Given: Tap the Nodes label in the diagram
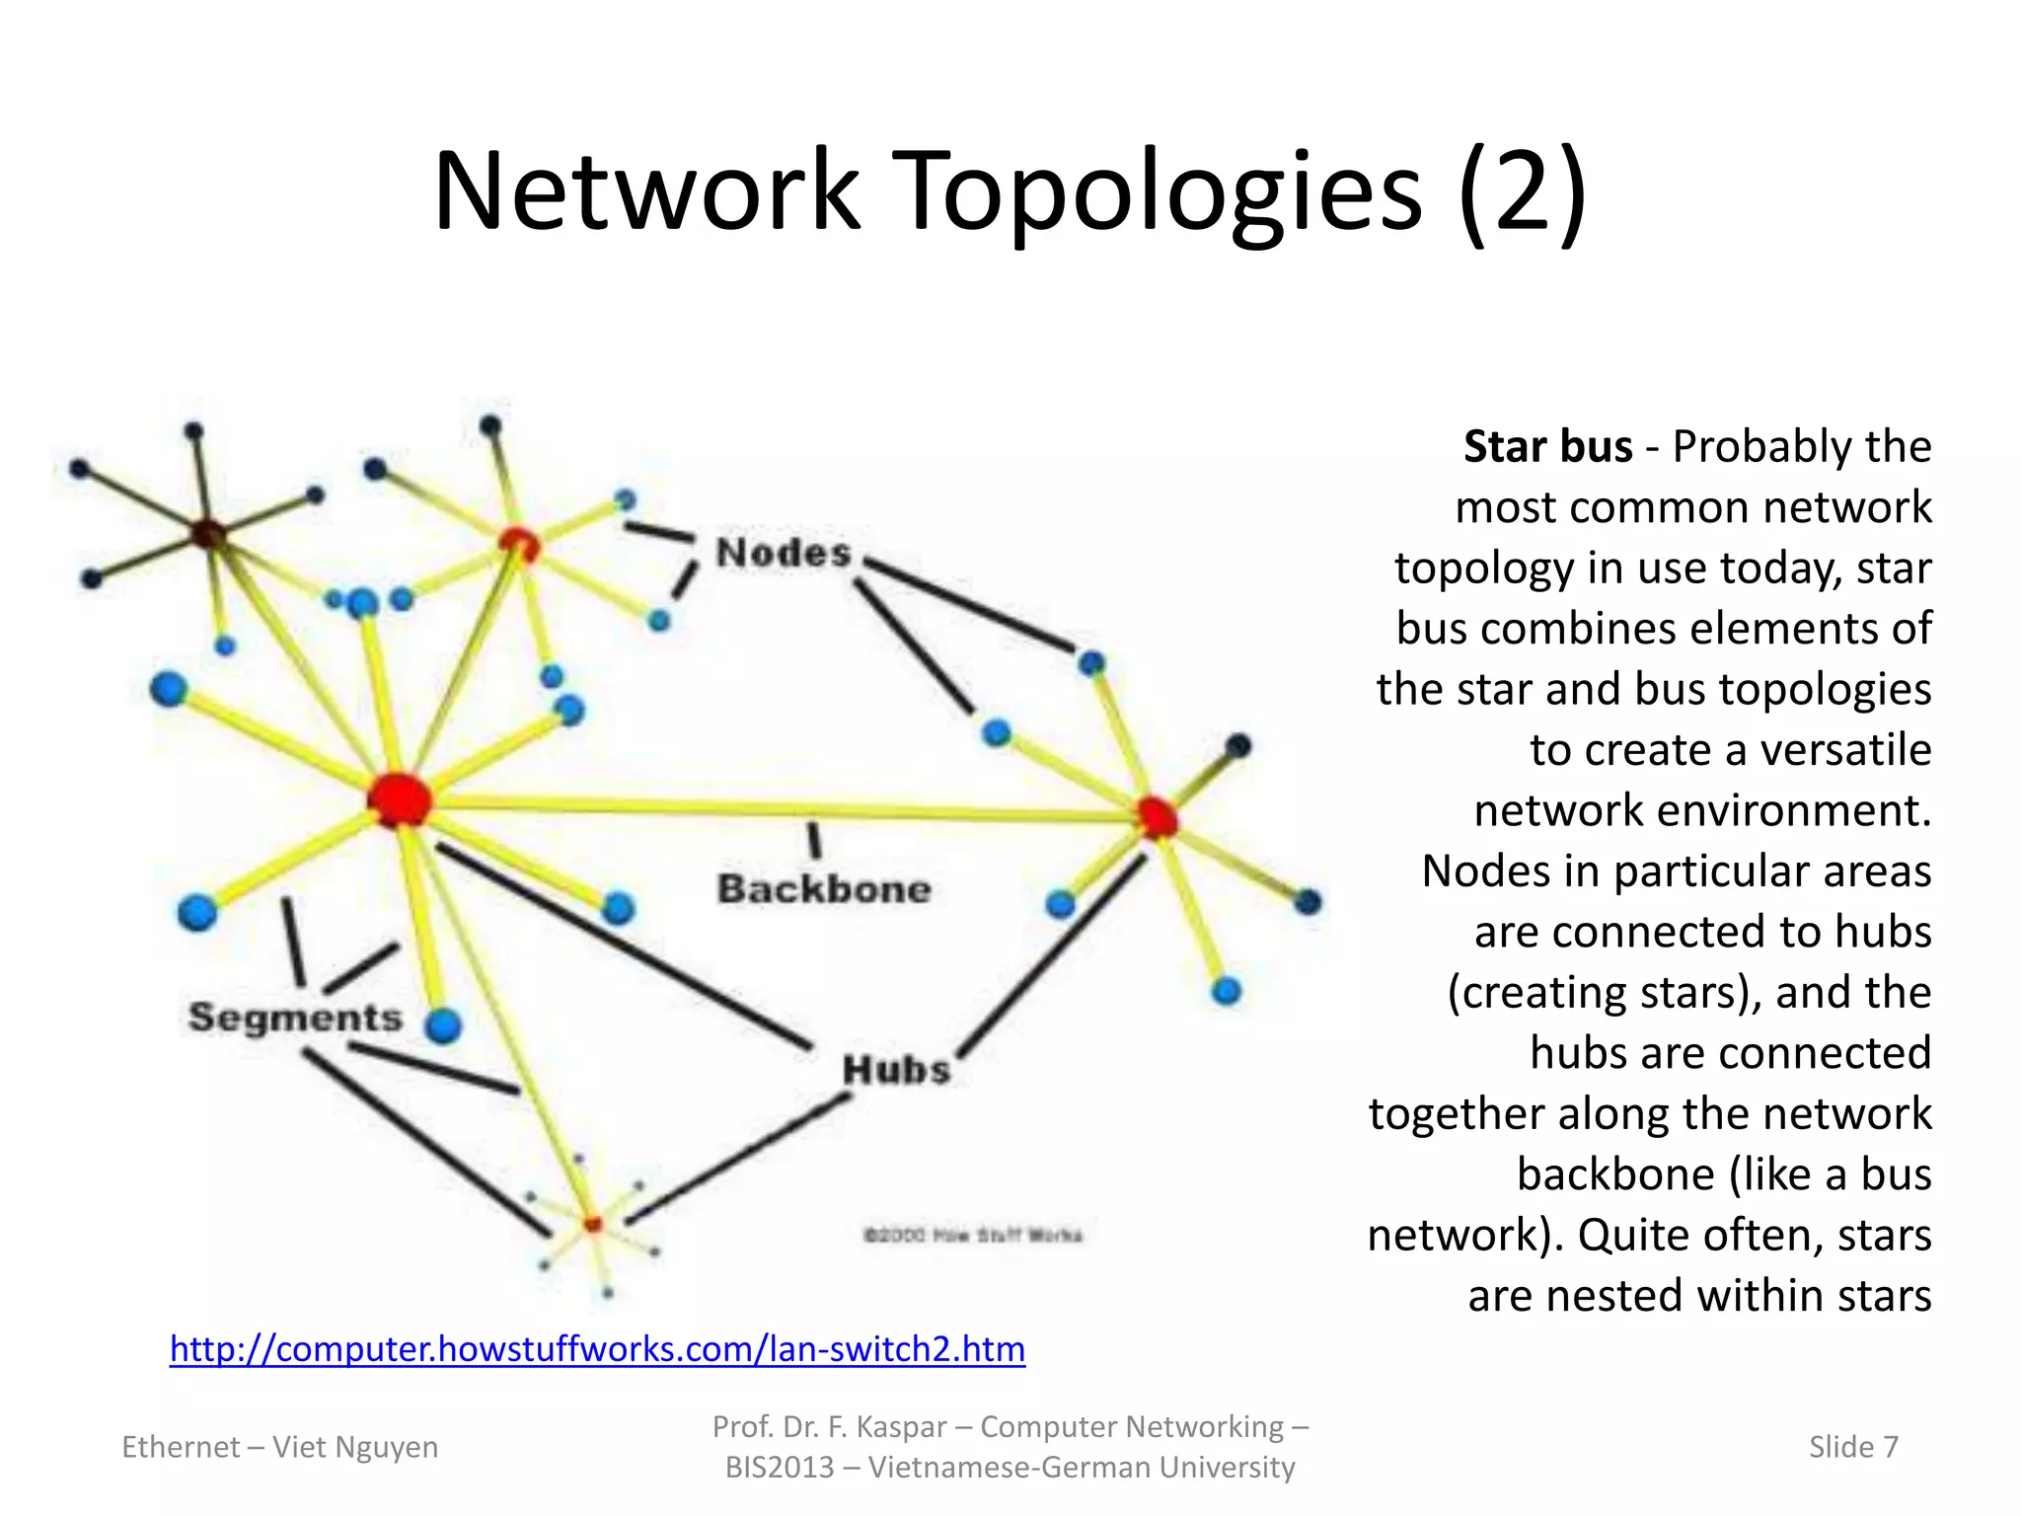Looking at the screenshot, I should pyautogui.click(x=784, y=553).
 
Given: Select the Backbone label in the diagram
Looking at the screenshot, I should pyautogui.click(x=824, y=889).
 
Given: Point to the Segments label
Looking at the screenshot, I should pyautogui.click(x=295, y=1017).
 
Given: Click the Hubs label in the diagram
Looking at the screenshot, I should pyautogui.click(x=896, y=1069).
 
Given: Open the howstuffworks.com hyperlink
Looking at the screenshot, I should pyautogui.click(x=597, y=1348).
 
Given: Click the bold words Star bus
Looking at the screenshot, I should pyautogui.click(x=1547, y=446).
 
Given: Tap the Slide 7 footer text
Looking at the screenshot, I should pyautogui.click(x=1852, y=1446).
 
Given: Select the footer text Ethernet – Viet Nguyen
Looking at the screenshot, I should pyautogui.click(x=279, y=1446).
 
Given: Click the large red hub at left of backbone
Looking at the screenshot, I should pyautogui.click(x=400, y=798).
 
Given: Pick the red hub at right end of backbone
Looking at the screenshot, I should pyautogui.click(x=1157, y=817).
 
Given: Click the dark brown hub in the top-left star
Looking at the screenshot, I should pyautogui.click(x=208, y=534).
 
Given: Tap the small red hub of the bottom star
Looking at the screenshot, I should pyautogui.click(x=592, y=1224).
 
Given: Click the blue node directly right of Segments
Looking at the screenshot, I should pyautogui.click(x=443, y=1025).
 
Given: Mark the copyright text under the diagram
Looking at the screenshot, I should pyautogui.click(x=973, y=1235).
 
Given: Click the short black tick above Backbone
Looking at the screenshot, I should pyautogui.click(x=814, y=840).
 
